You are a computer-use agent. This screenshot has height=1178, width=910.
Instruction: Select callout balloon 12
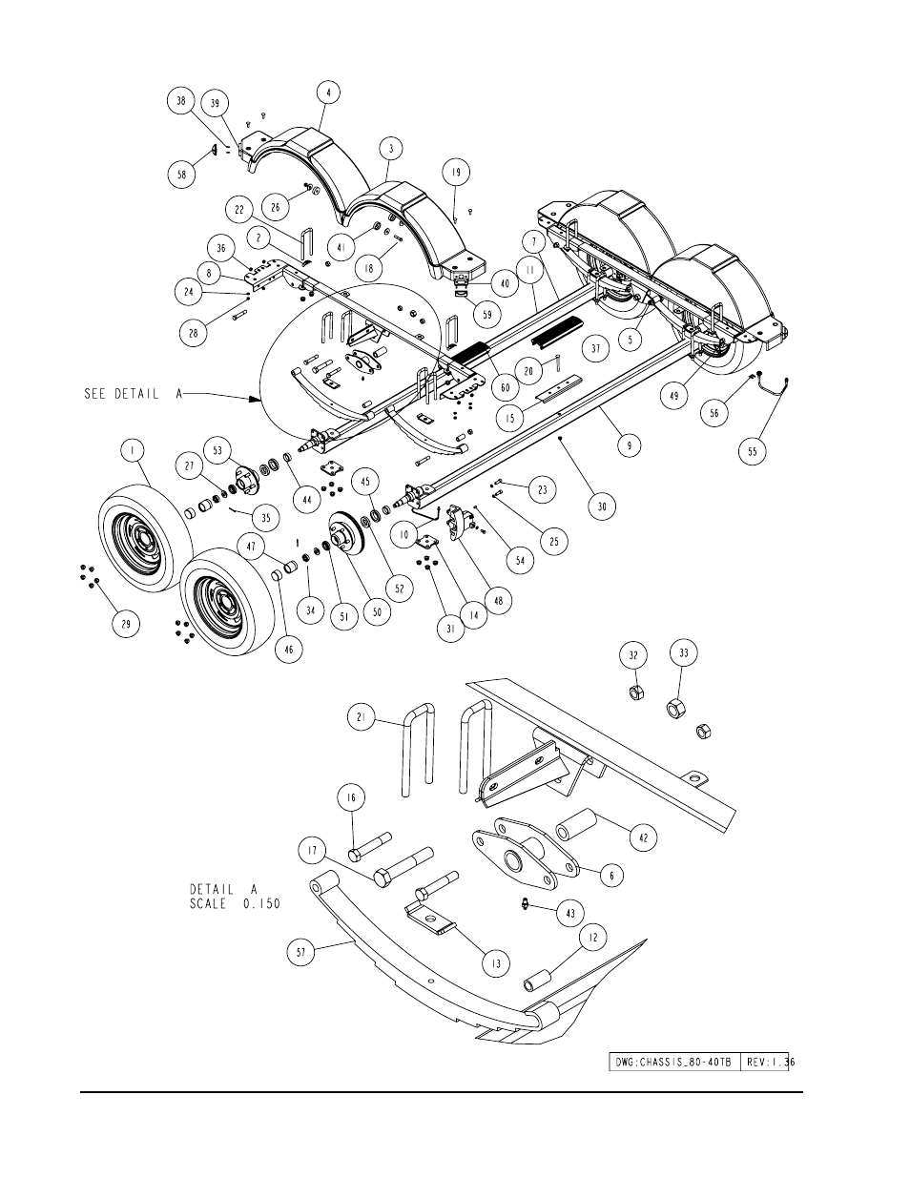(592, 940)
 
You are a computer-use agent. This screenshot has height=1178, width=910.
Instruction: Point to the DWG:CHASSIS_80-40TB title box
(672, 1062)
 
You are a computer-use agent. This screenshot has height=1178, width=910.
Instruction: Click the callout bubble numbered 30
(602, 506)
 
